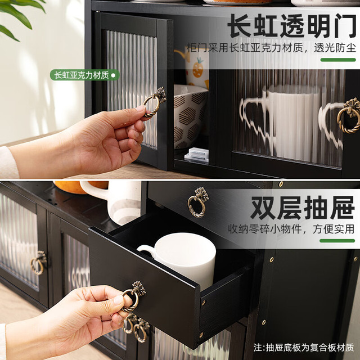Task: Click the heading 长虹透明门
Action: tap(292, 25)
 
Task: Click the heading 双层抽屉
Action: tap(303, 208)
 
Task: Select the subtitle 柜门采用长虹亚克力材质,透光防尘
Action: tap(271, 48)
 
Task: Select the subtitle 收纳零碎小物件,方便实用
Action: tap(291, 229)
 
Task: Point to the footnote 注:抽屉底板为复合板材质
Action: tap(304, 348)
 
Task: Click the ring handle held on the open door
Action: tap(154, 103)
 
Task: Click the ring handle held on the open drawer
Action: tap(133, 296)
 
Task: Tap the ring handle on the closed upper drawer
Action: tap(198, 202)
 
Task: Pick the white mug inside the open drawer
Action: tap(181, 258)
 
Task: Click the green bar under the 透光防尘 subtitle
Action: tap(338, 60)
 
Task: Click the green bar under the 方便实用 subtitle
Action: tap(337, 241)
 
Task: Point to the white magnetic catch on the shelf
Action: tap(197, 155)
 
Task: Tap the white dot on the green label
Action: tap(113, 75)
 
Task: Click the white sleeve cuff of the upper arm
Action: tap(8, 163)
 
